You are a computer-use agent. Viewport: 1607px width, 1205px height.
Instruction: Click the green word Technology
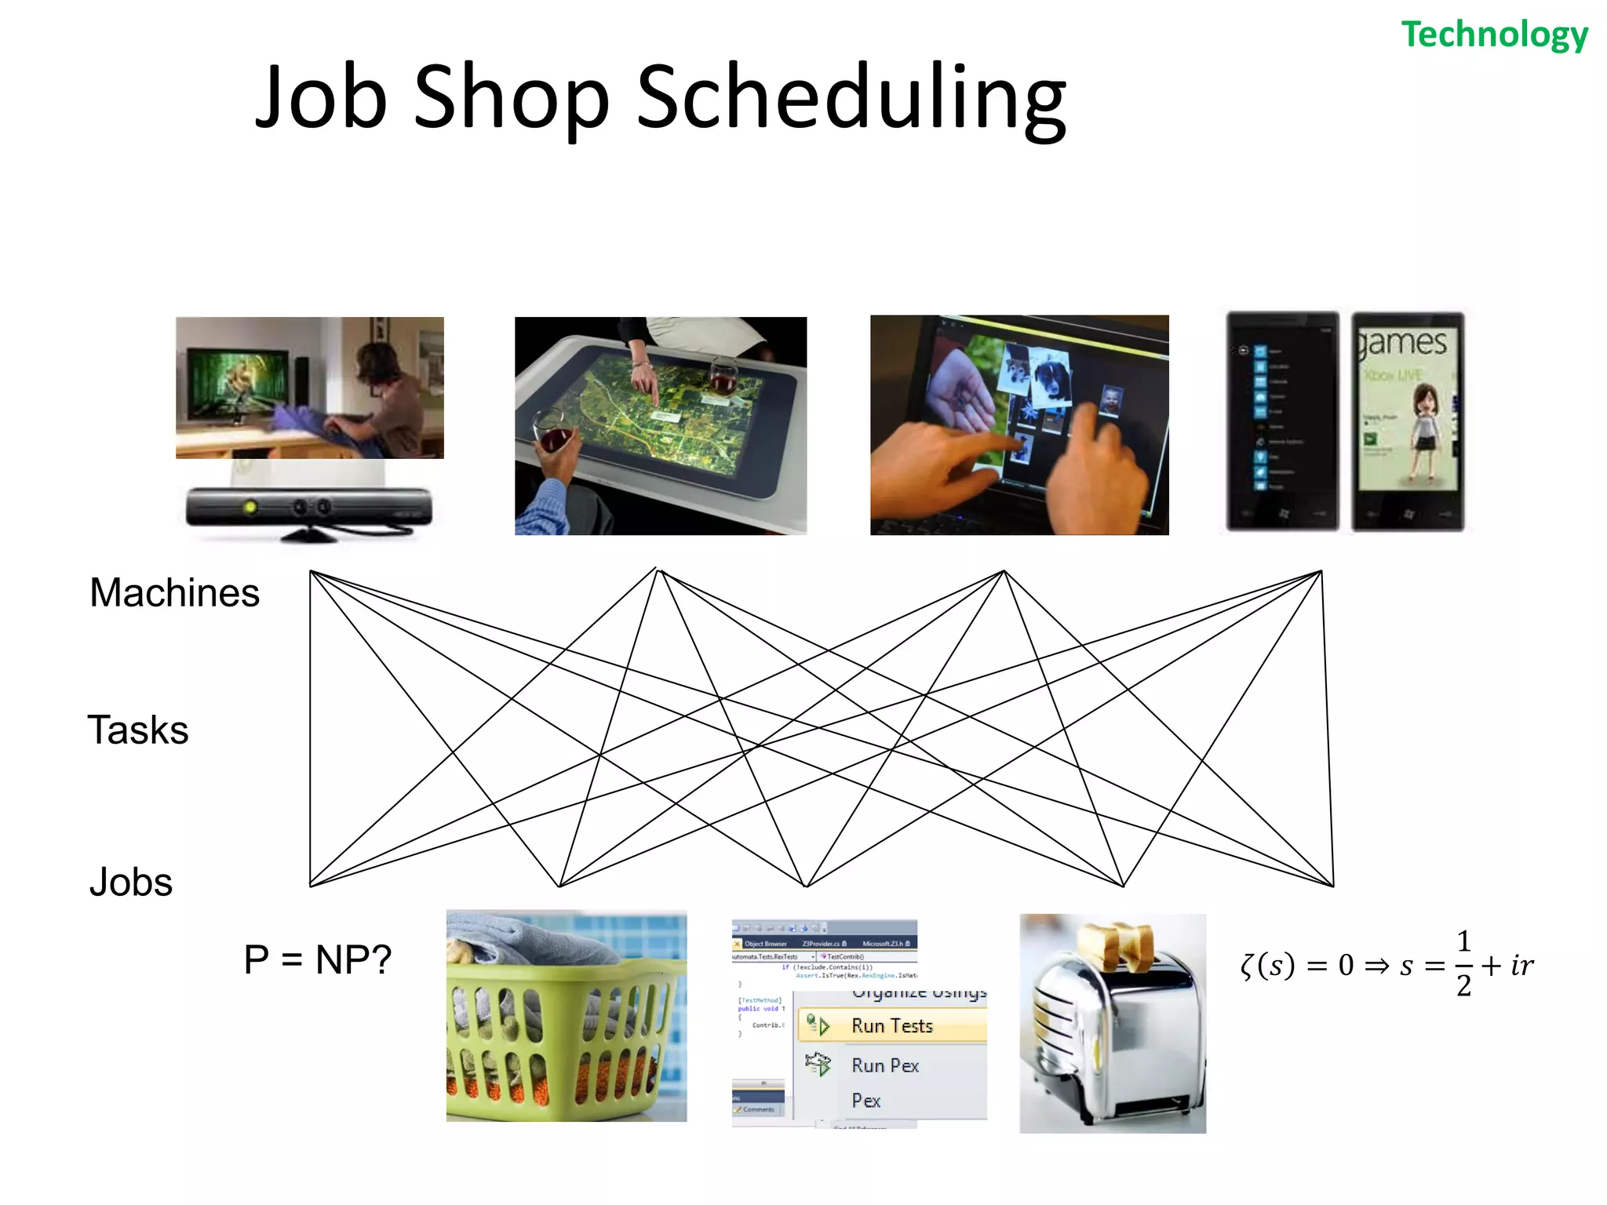(x=1494, y=35)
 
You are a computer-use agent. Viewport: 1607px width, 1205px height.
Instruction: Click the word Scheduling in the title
(x=851, y=98)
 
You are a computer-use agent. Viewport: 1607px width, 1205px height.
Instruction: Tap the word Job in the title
(x=322, y=98)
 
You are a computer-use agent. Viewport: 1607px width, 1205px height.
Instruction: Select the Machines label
(x=174, y=592)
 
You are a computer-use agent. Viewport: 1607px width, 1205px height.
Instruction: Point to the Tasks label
(x=138, y=730)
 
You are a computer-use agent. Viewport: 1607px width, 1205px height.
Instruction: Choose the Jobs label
(x=131, y=882)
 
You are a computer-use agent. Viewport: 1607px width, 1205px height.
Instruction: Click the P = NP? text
(x=317, y=959)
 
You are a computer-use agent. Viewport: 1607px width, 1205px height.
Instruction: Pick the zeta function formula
(x=1386, y=965)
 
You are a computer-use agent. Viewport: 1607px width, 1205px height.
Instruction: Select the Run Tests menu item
(x=891, y=1026)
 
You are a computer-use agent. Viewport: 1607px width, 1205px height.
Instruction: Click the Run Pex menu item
(x=884, y=1065)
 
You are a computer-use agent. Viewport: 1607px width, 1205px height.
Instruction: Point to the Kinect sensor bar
(x=308, y=508)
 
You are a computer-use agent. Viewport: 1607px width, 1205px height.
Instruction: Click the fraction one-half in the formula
(x=1463, y=963)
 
